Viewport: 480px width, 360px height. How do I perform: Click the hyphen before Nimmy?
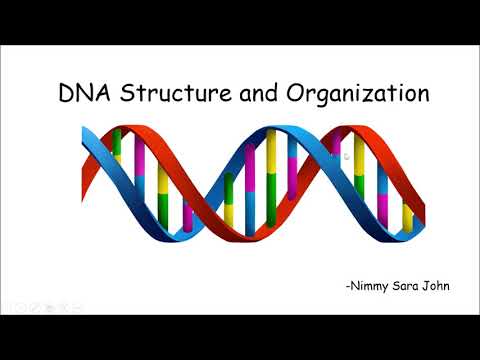tap(346, 287)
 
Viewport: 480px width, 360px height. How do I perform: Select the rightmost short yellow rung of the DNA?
tap(407, 217)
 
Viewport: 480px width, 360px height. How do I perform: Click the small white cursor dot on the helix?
tap(346, 156)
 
